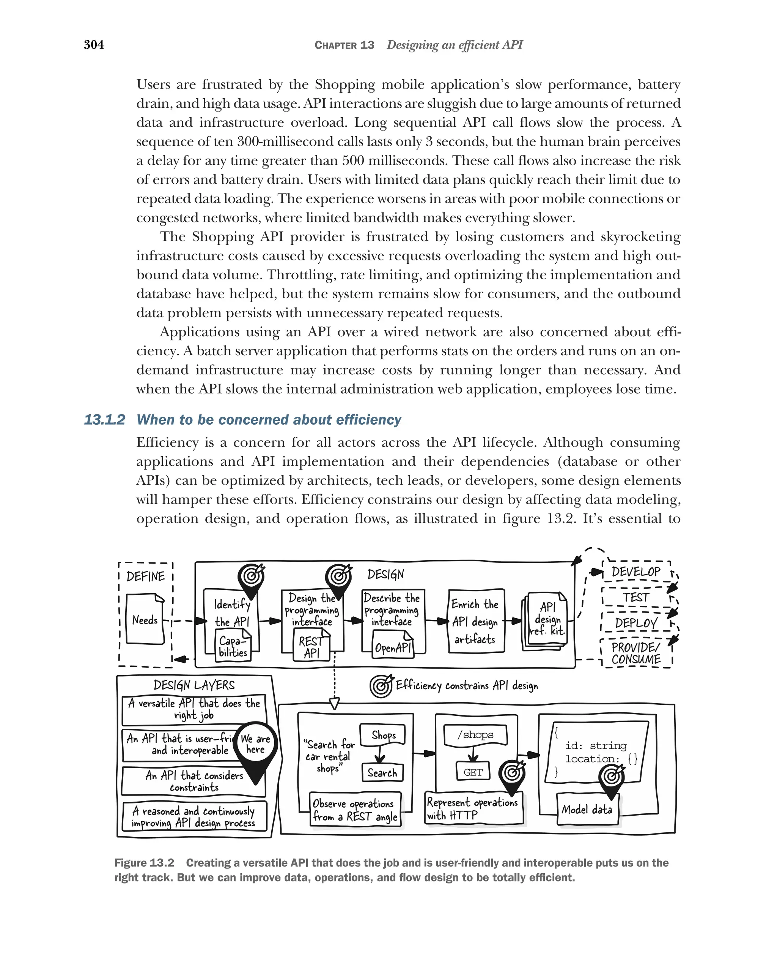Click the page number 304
coord(94,45)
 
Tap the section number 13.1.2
coord(104,420)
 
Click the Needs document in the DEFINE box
coord(145,619)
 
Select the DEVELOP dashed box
coord(635,572)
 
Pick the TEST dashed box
coord(635,597)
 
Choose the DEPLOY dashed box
coord(635,623)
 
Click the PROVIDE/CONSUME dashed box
coord(635,653)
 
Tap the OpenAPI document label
coord(393,648)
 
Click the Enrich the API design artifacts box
coord(475,621)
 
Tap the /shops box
coord(475,735)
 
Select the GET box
coord(473,772)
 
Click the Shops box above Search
coord(383,735)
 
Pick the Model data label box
coord(587,810)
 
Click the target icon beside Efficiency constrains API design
coord(381,687)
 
